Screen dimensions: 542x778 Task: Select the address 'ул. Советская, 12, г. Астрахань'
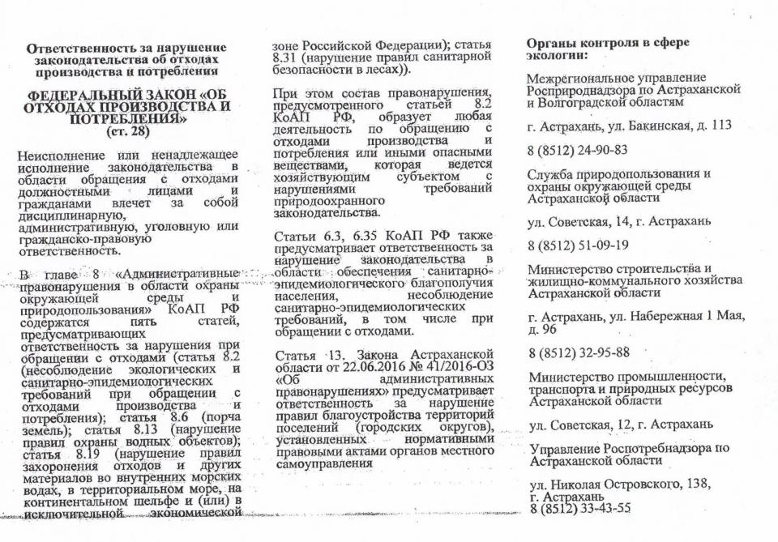point(620,423)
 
